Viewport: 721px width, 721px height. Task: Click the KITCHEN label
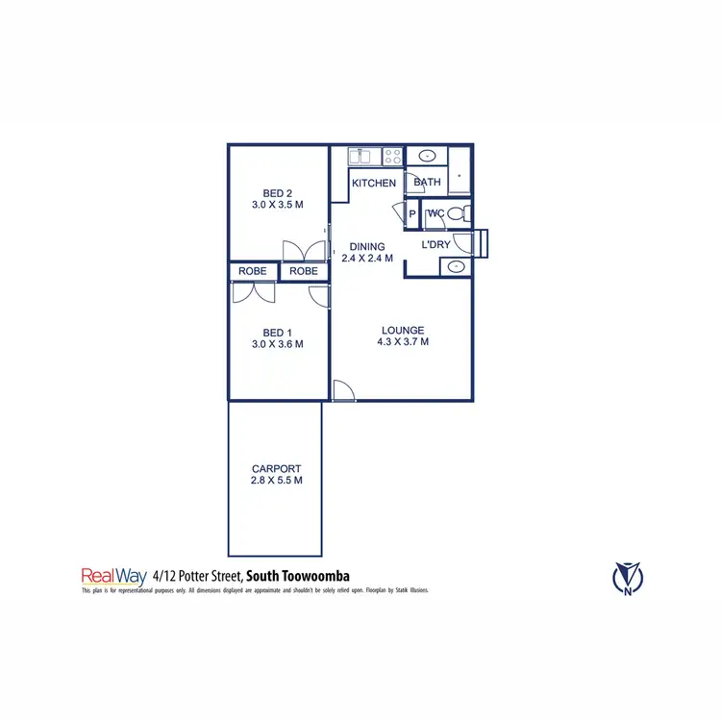pos(374,183)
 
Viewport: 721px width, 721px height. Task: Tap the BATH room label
pos(428,182)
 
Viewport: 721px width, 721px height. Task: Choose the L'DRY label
pos(436,245)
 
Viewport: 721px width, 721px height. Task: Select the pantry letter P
pos(412,214)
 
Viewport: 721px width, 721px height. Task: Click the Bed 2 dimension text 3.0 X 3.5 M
pos(278,205)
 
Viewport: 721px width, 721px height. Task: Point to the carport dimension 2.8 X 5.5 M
pos(277,481)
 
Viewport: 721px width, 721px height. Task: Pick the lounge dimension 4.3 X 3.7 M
pos(402,341)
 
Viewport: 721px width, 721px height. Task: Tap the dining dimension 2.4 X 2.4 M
pos(367,259)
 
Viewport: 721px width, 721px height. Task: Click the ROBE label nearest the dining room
pos(304,271)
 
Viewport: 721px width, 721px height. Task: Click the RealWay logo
pos(113,576)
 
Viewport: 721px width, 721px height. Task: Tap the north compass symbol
pos(629,577)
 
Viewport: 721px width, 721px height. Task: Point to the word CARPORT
pos(277,469)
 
